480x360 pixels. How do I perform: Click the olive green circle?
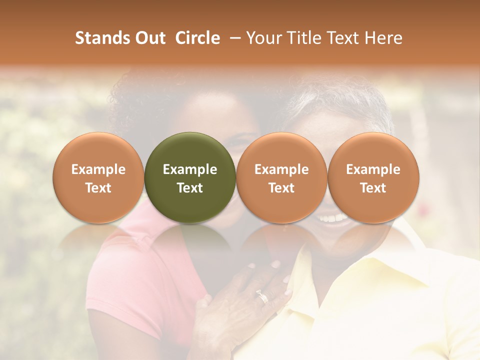[x=190, y=178]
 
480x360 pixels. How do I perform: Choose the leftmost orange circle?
[x=98, y=178]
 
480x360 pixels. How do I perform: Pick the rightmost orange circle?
[x=373, y=178]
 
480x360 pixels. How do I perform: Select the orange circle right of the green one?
[x=281, y=178]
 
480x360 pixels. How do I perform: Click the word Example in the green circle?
[x=190, y=169]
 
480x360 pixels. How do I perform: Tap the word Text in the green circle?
[x=190, y=188]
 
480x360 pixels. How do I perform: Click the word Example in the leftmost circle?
[x=98, y=169]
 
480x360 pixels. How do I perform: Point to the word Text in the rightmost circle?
[x=373, y=188]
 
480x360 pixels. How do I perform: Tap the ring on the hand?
[x=262, y=297]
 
